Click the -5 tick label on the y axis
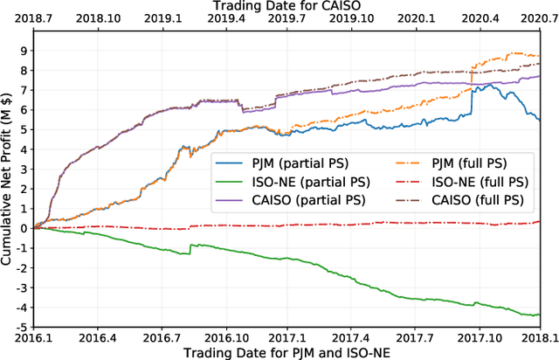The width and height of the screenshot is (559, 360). tap(21, 327)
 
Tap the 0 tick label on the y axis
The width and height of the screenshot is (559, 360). tap(24, 228)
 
